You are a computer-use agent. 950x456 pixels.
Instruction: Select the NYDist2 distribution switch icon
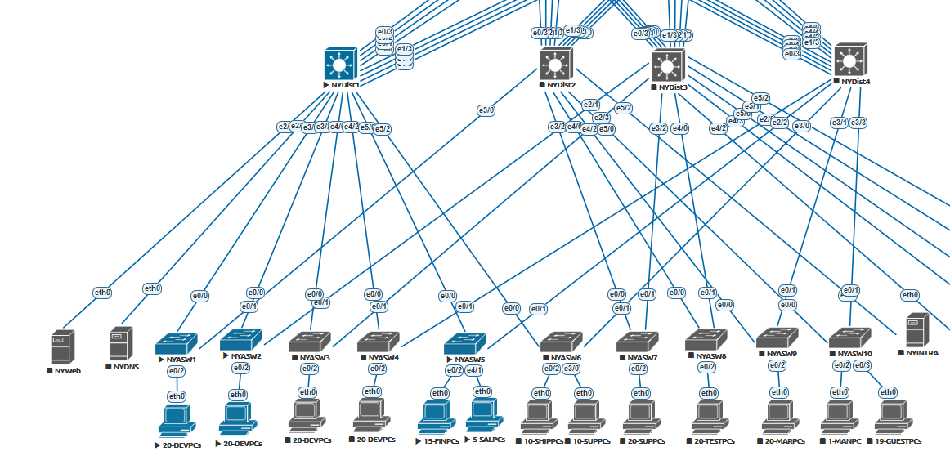pyautogui.click(x=557, y=63)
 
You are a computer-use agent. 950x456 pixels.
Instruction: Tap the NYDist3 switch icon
pyautogui.click(x=668, y=65)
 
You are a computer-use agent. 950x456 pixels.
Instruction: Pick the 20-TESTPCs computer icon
pyautogui.click(x=708, y=417)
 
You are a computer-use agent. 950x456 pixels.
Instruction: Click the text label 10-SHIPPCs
pyautogui.click(x=543, y=441)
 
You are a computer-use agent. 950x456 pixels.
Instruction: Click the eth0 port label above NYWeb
pyautogui.click(x=102, y=292)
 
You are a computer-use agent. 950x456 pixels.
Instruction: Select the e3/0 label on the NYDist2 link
pyautogui.click(x=486, y=110)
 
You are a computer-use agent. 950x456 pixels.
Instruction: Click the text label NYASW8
pyautogui.click(x=710, y=356)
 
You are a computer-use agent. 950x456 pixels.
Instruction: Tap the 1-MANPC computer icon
pyautogui.click(x=840, y=417)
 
